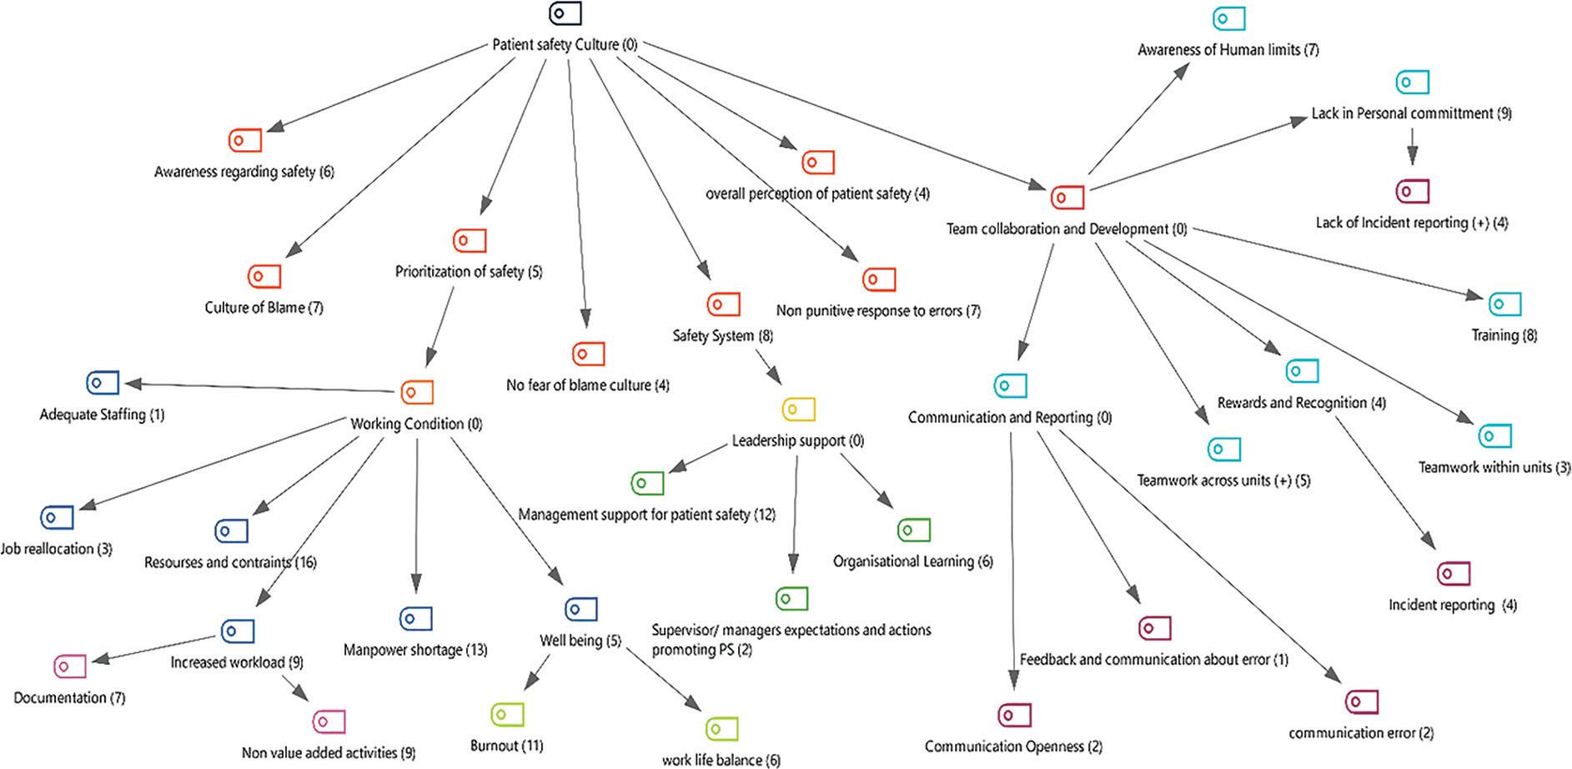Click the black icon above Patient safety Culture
click(565, 13)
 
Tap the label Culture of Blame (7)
click(264, 308)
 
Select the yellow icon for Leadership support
click(799, 410)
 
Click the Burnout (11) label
click(507, 746)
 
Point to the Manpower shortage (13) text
click(415, 650)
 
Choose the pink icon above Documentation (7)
click(70, 666)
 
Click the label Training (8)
click(1504, 335)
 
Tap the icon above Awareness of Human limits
click(1228, 18)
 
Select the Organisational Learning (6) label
click(913, 562)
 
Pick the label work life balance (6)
click(721, 760)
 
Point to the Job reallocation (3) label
click(56, 549)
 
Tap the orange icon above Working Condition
click(417, 392)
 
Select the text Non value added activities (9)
click(329, 753)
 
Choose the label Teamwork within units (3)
click(1494, 468)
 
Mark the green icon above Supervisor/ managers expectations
click(791, 599)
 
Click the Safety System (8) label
click(723, 336)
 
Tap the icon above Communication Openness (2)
click(1015, 716)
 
